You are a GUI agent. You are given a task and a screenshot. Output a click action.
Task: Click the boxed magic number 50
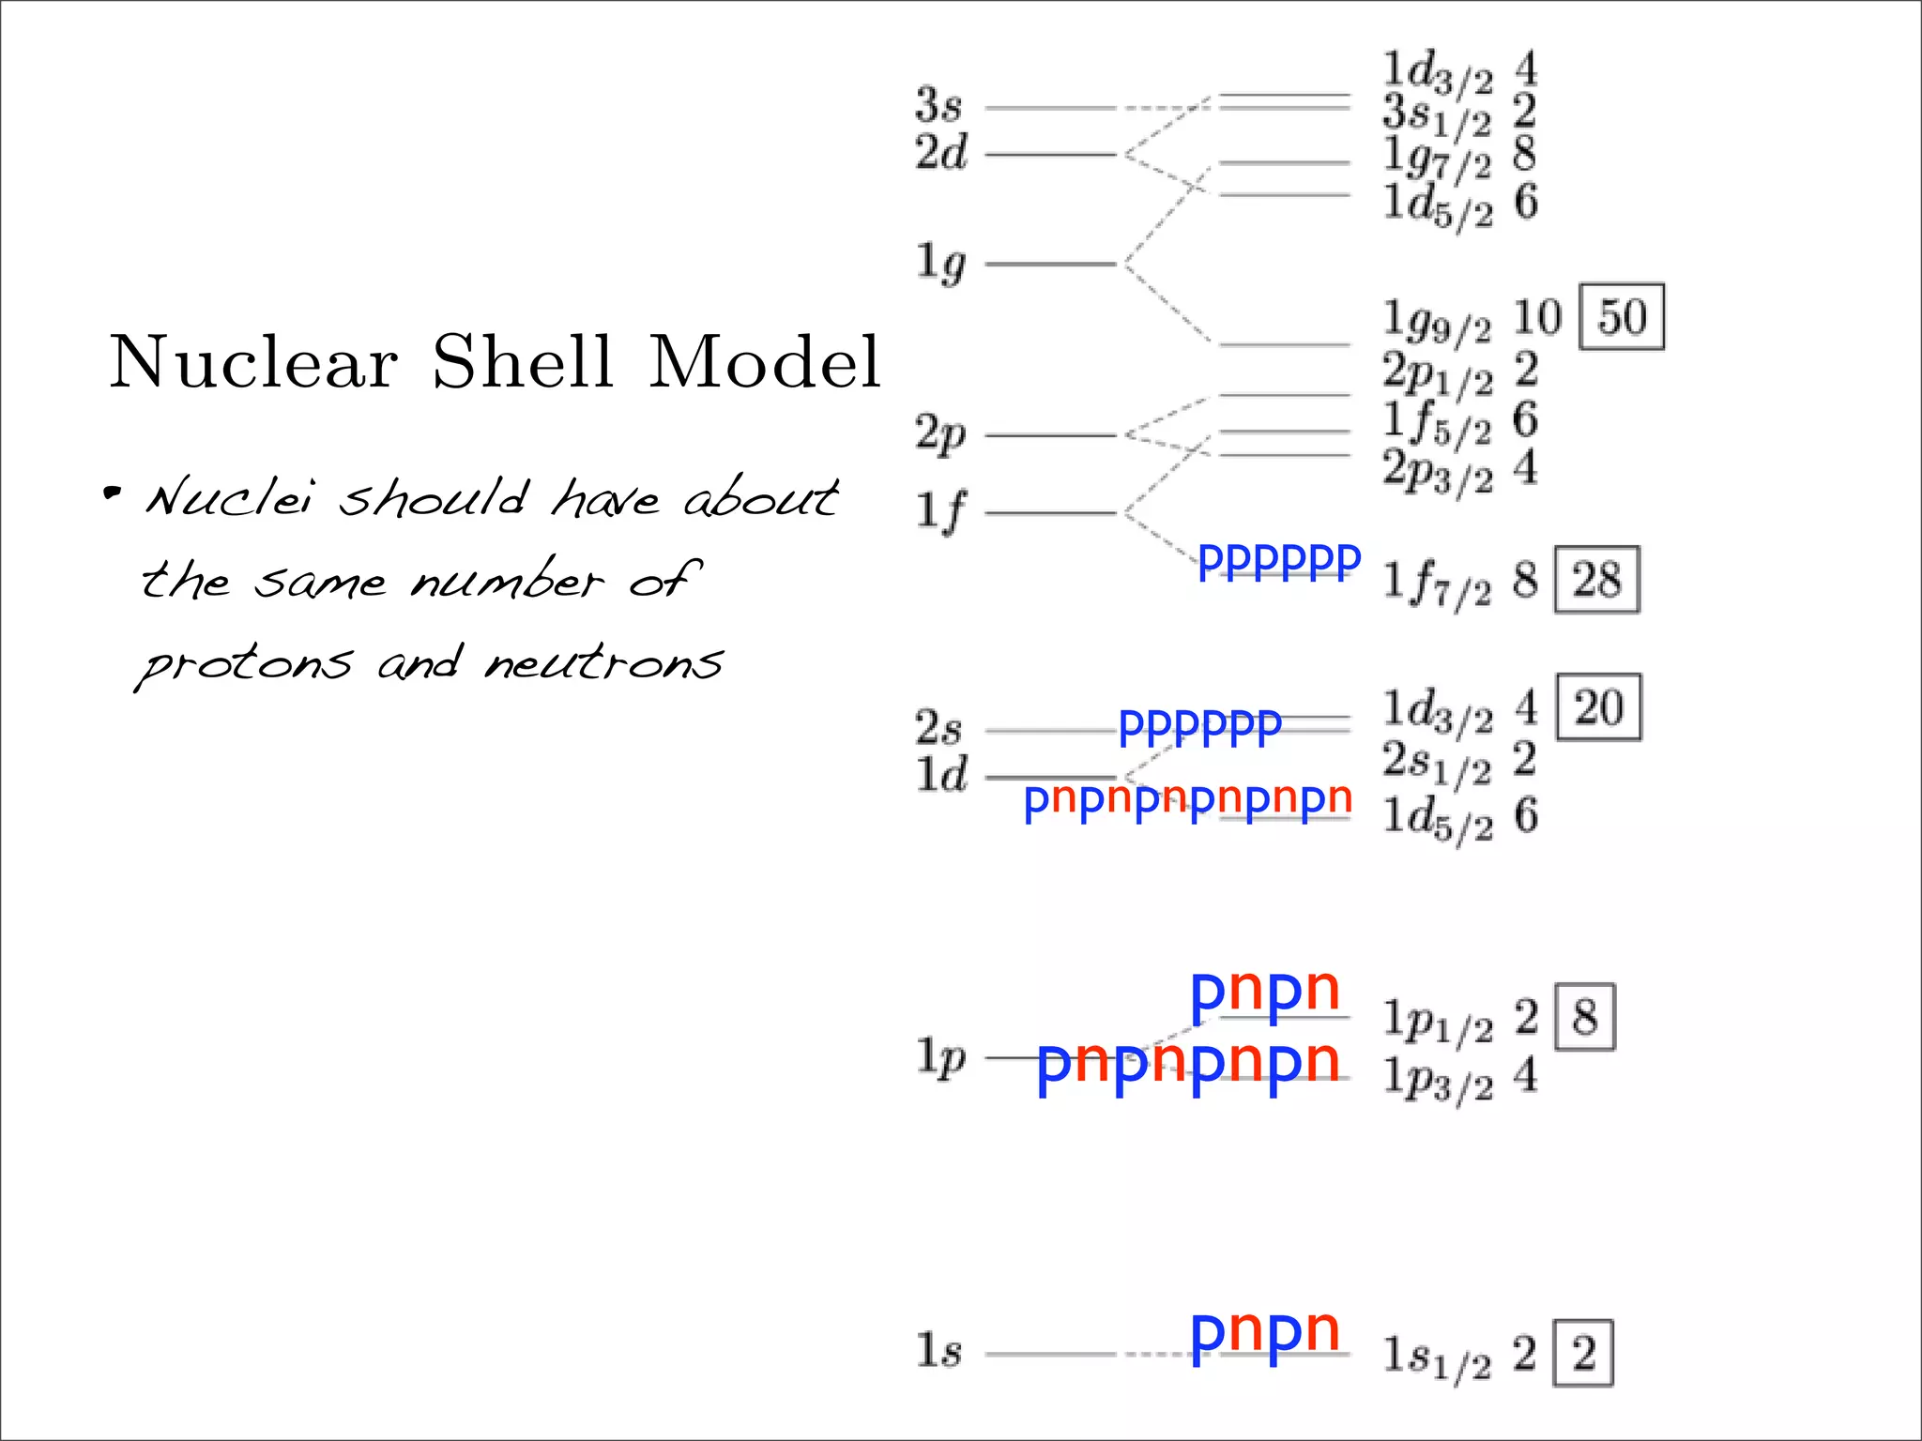tap(1622, 317)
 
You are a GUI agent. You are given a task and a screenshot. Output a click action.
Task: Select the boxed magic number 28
tap(1596, 580)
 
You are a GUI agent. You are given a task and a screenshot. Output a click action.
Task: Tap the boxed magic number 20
tap(1598, 707)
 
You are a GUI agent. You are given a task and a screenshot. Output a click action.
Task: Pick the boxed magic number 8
tap(1585, 1017)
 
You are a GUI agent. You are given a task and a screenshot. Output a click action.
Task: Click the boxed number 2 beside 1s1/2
tap(1583, 1353)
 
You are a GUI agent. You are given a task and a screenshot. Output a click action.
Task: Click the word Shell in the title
tap(523, 362)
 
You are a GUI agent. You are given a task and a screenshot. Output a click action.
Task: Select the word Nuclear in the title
tap(254, 362)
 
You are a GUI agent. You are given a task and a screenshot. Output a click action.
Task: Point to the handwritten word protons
tap(247, 664)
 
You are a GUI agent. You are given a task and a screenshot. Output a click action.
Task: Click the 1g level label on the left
tap(940, 263)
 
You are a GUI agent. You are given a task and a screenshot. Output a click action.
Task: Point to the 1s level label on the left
tap(938, 1351)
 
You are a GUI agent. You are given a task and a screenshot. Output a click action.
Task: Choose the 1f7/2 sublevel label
tap(1437, 582)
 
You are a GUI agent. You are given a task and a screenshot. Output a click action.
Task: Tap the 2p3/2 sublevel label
tap(1437, 469)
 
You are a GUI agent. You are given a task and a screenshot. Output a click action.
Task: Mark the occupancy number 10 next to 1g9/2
tap(1537, 317)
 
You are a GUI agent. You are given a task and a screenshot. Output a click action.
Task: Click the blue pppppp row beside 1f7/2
tap(1279, 562)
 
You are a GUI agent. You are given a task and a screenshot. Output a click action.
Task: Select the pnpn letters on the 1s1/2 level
tap(1264, 1332)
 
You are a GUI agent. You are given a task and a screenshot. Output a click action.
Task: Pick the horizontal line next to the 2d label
tap(1050, 154)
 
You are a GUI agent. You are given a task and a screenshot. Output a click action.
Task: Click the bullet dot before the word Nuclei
tap(113, 493)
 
